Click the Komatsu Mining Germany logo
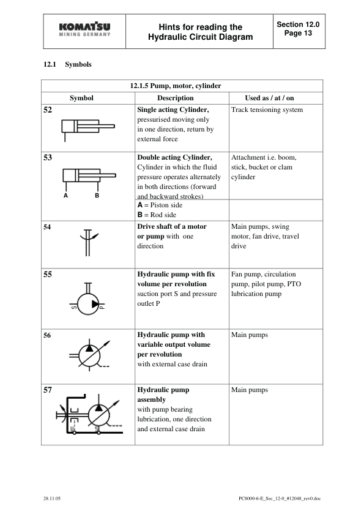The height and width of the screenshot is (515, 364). [x=84, y=31]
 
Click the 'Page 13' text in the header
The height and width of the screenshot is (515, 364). [x=299, y=34]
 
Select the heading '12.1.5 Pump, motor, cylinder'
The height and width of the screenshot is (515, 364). [x=176, y=86]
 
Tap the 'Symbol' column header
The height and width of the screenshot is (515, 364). [x=81, y=98]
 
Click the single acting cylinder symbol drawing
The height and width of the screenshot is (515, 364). [x=87, y=127]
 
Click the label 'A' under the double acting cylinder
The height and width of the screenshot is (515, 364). [x=65, y=196]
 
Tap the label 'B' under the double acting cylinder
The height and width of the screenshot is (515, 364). [x=97, y=196]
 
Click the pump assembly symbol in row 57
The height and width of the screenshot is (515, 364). [x=89, y=416]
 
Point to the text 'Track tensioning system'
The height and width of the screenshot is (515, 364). [x=267, y=110]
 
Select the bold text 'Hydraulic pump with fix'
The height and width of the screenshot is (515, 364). [x=175, y=275]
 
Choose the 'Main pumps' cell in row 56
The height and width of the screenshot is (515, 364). [x=250, y=335]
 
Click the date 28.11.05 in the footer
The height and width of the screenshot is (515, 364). [x=51, y=498]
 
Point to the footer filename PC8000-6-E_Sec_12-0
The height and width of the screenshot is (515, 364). [x=280, y=498]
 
